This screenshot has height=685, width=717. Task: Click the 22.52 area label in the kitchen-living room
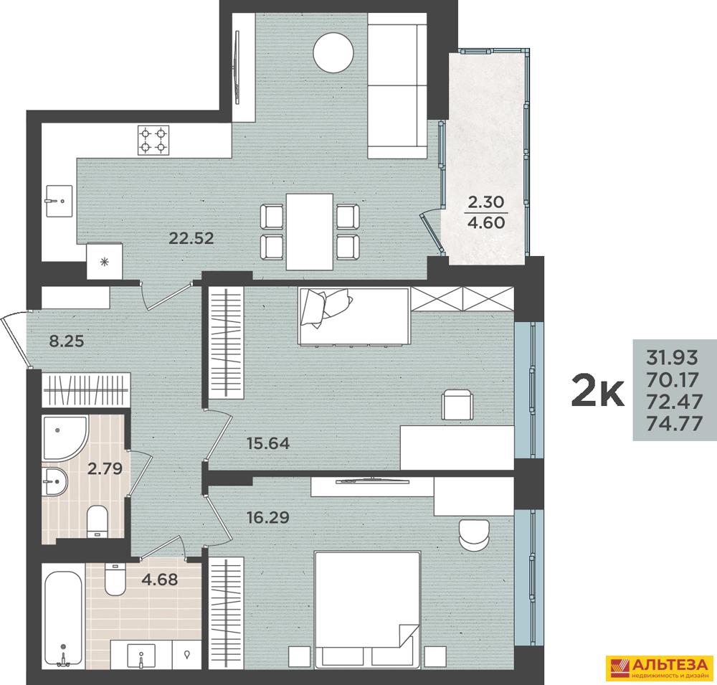coord(191,238)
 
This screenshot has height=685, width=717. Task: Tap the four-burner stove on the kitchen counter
coord(153,140)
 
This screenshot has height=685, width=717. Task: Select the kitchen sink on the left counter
coord(59,201)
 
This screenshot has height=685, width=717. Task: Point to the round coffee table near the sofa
coord(333,52)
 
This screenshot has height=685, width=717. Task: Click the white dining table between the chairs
coord(310,232)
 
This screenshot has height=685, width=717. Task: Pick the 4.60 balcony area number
coord(485,223)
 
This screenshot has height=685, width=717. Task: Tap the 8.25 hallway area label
coord(66,341)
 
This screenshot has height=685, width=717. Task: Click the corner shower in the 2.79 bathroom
coord(65,438)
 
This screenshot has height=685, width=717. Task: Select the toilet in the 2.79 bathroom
coord(97,521)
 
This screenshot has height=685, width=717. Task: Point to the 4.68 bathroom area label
coord(160,580)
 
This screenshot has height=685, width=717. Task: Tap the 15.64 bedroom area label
coord(268,443)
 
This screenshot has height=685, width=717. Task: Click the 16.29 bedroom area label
coord(268,518)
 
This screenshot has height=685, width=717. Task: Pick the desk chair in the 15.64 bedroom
coord(457,404)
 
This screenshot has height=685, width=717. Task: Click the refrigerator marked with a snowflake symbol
coord(105,261)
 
